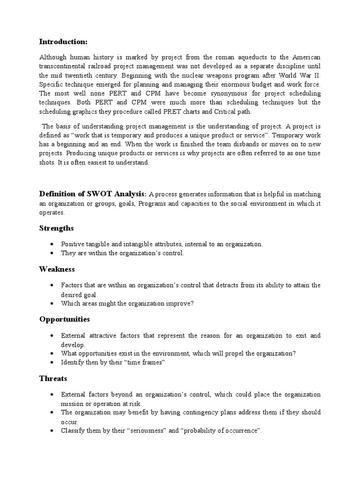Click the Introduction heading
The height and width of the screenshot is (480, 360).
pos(63,42)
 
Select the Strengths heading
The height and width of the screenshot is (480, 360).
pos(56,228)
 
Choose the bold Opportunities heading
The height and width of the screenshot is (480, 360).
pos(64,319)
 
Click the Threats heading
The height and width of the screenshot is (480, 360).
pos(53,378)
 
